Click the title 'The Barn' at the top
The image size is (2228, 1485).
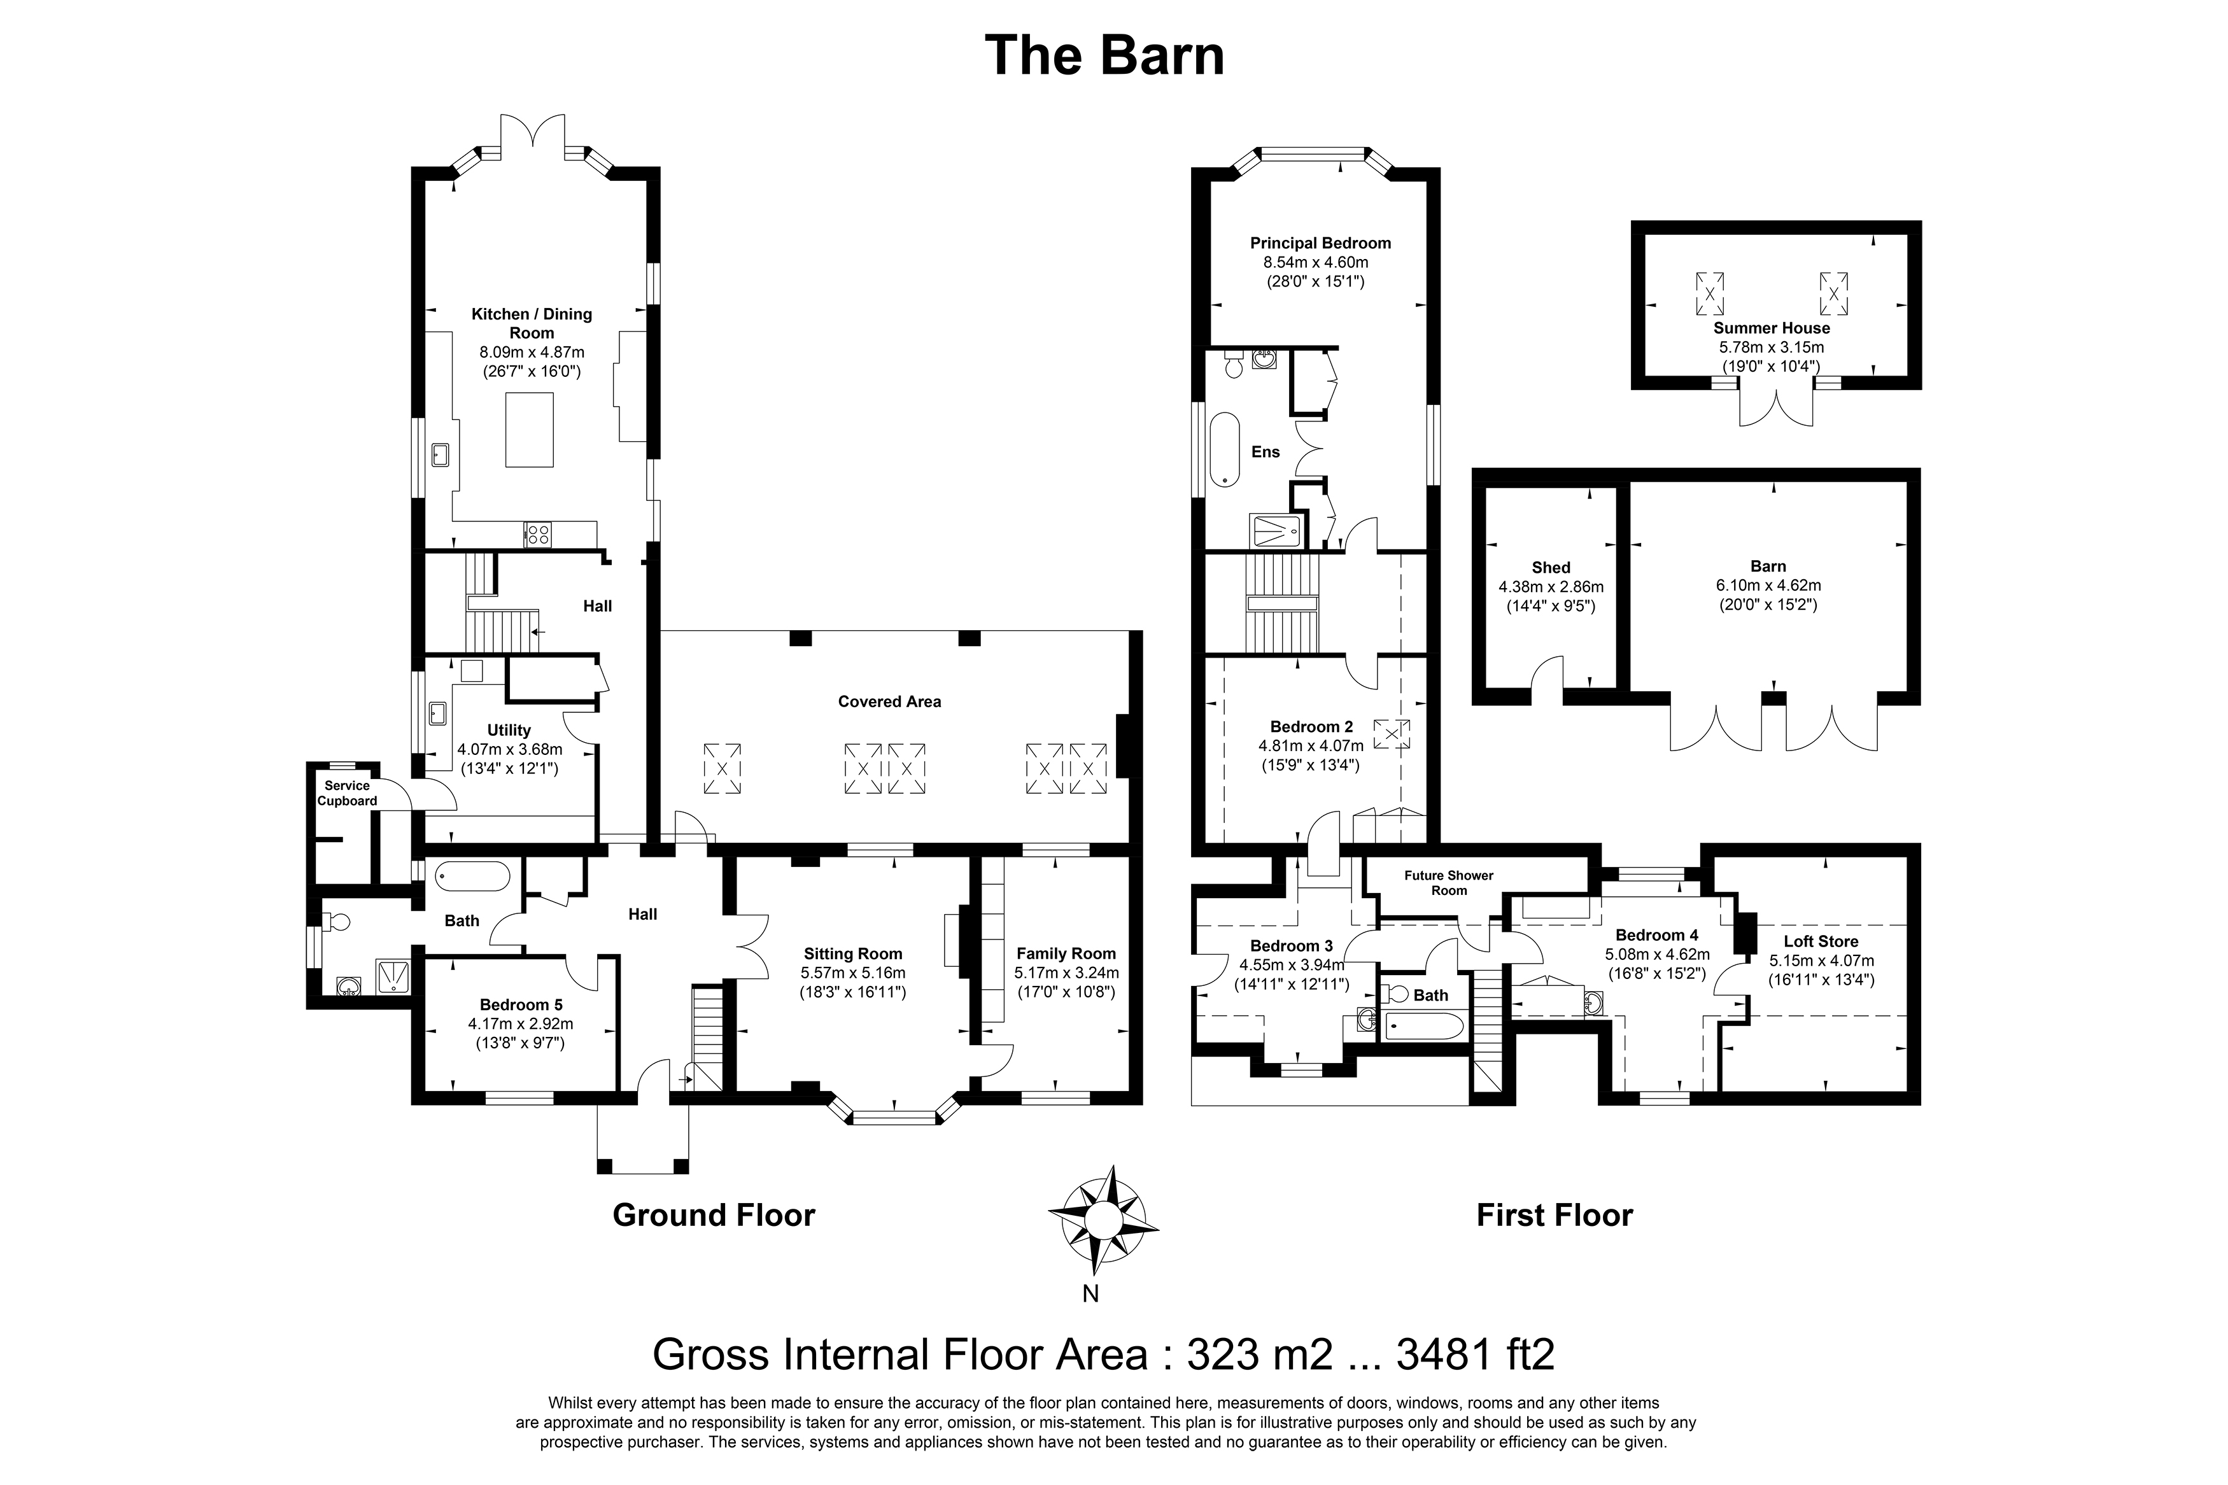[x=1104, y=55]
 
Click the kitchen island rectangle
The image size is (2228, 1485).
[x=529, y=431]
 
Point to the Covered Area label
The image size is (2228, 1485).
[x=889, y=702]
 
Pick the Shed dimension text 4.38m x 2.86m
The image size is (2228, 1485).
[x=1551, y=587]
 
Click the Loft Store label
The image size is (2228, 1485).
[x=1821, y=941]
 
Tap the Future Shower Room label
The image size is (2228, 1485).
[x=1449, y=883]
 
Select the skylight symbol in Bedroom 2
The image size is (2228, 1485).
[x=1391, y=734]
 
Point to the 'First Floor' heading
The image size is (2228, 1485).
[x=1555, y=1215]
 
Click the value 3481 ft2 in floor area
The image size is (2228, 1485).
[x=1475, y=1355]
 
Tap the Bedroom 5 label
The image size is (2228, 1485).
[x=521, y=1005]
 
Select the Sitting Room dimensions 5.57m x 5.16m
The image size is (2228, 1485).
[x=853, y=973]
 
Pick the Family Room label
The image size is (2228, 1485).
[x=1066, y=954]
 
